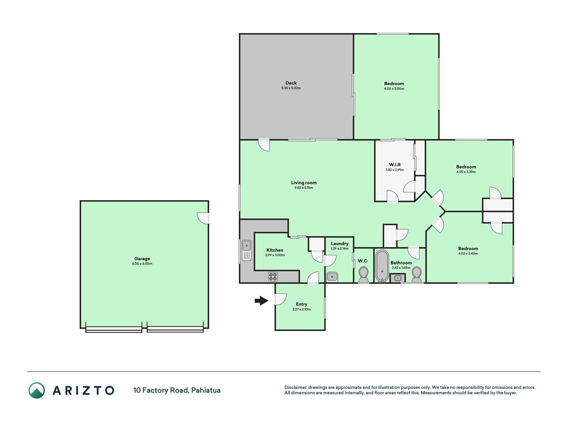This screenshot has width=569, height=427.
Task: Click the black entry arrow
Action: (262, 301)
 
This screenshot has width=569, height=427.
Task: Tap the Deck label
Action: (291, 83)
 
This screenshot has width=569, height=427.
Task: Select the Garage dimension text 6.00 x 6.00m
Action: (142, 264)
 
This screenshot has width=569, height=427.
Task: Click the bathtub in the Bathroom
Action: (382, 266)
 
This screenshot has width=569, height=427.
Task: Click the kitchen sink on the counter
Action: (247, 250)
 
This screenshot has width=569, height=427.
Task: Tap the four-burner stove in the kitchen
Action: (273, 277)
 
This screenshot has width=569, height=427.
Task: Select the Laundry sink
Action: (332, 277)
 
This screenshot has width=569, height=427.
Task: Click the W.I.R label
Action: (395, 164)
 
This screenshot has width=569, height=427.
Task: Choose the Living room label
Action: (304, 182)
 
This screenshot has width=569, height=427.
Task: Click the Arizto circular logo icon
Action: (37, 390)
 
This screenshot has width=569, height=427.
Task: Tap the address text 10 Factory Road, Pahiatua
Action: (177, 390)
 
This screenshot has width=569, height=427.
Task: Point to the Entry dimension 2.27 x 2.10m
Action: (302, 309)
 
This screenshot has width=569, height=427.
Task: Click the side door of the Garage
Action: (203, 218)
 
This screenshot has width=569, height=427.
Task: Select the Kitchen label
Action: (275, 250)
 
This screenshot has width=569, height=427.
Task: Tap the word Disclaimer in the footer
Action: (295, 387)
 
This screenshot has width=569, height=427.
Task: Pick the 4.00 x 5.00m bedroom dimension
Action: (394, 89)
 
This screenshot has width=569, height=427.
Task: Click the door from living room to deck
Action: (264, 145)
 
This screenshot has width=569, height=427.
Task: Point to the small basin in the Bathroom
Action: (397, 278)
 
